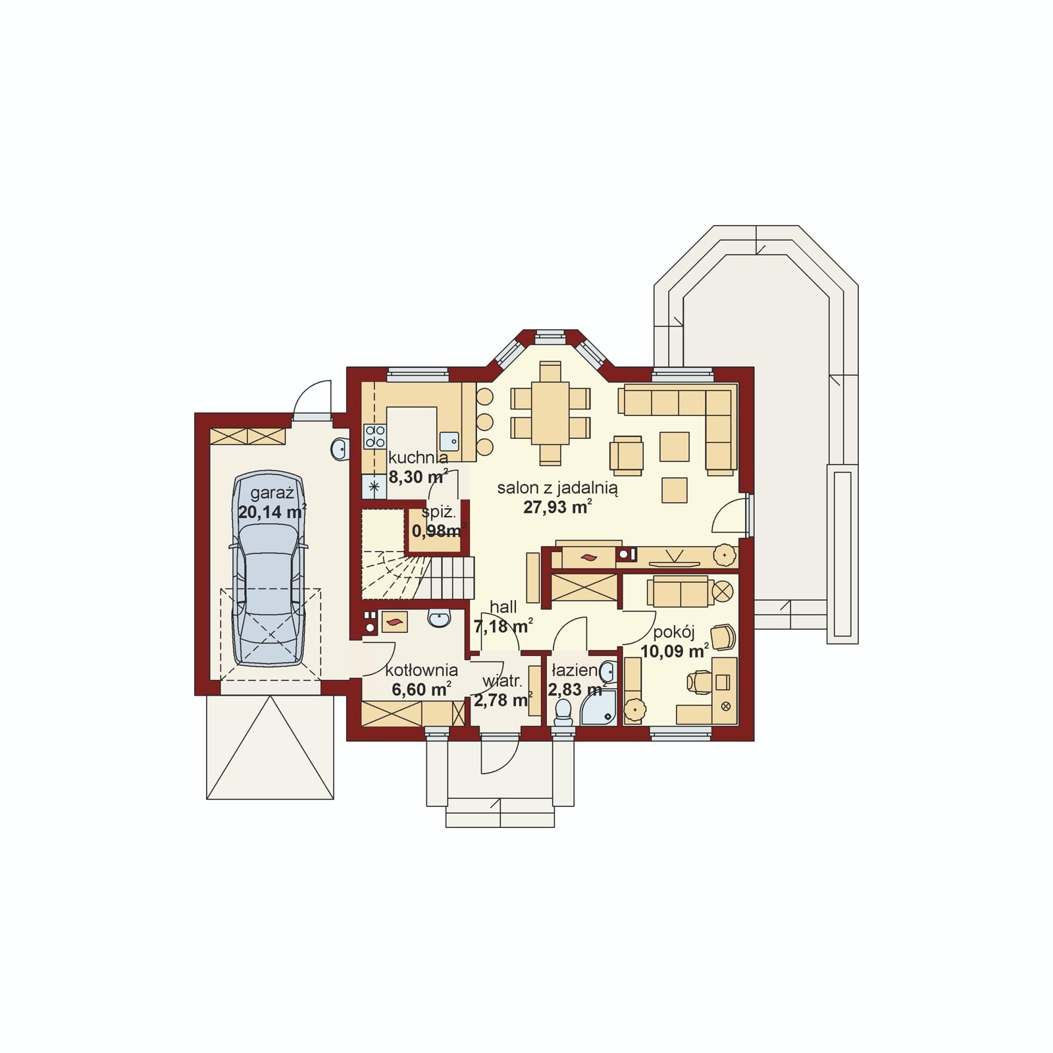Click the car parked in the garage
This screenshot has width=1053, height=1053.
coord(269,569)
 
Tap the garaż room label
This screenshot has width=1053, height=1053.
coord(272,494)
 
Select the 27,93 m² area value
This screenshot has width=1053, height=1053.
coord(557,506)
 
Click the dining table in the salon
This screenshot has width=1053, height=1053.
coord(550,413)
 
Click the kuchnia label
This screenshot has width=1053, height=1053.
coord(419,457)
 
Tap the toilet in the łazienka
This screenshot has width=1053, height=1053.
coord(563,712)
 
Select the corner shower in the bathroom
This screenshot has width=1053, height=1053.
coord(598,707)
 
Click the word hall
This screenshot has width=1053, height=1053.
coord(503,607)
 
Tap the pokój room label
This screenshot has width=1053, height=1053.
coord(674,632)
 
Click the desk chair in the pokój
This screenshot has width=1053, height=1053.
coord(699,682)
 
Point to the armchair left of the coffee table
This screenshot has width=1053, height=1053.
coord(626,455)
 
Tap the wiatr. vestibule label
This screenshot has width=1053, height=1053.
coord(501,681)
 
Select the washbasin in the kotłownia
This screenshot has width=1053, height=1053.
coord(439,618)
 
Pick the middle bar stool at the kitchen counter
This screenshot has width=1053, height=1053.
coord(484,421)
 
